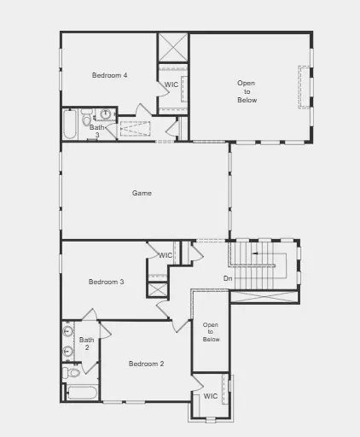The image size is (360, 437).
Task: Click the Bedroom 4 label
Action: click(x=109, y=75)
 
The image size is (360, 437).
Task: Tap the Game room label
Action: click(x=142, y=193)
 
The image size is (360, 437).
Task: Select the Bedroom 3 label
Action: click(x=107, y=282)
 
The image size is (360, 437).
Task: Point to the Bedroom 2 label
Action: click(x=146, y=364)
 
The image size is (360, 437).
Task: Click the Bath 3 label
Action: click(x=97, y=131)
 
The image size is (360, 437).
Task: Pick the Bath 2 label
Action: click(x=86, y=343)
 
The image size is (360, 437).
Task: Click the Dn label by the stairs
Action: click(x=228, y=278)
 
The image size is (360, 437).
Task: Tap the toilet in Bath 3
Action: click(x=87, y=120)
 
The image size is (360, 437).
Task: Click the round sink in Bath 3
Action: click(x=105, y=114)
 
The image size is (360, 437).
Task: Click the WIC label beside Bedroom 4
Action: click(x=171, y=84)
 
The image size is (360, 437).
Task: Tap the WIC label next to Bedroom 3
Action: click(x=165, y=255)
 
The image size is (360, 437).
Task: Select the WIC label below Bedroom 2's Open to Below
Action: click(x=210, y=396)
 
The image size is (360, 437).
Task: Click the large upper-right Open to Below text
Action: click(x=247, y=91)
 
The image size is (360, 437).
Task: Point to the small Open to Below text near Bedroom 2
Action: click(x=211, y=332)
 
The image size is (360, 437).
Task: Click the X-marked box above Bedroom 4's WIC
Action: click(x=172, y=46)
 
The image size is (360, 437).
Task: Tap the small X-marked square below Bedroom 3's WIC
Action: click(x=157, y=288)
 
